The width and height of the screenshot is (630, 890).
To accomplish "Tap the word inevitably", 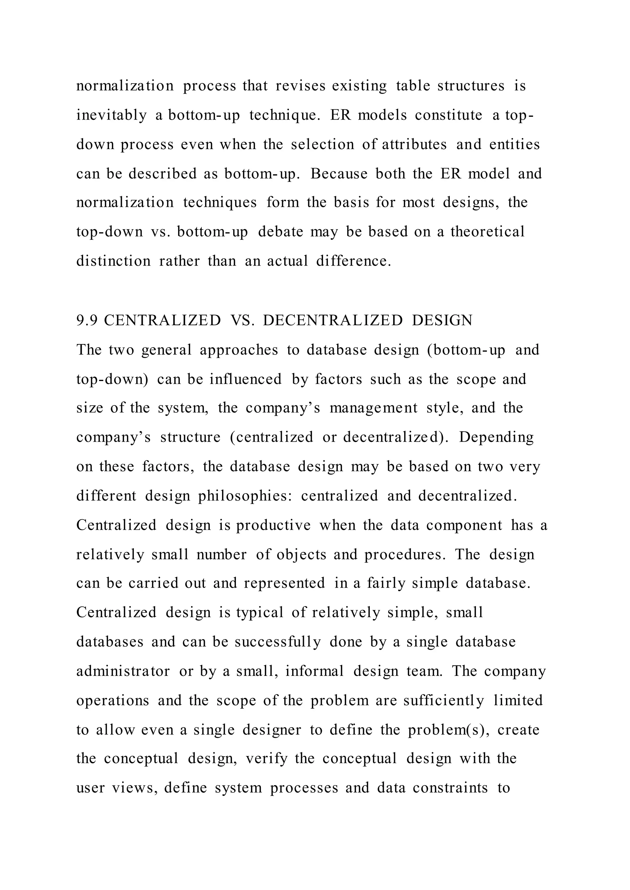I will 111,116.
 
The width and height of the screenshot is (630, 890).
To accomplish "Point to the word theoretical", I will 487,232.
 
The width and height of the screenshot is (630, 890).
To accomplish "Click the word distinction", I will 113,261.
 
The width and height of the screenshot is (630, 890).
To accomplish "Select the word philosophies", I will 245,496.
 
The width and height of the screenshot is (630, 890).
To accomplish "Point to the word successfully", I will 278,642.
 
